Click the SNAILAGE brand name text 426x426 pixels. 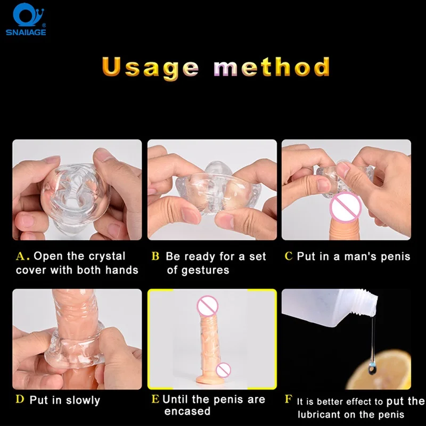[x=26, y=32]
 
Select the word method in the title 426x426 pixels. [x=272, y=67]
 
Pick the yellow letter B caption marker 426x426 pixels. [x=155, y=256]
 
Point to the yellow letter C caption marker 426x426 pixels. [x=289, y=256]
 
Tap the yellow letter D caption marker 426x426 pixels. [x=20, y=399]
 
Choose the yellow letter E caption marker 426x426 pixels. [x=155, y=399]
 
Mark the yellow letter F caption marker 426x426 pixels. [x=289, y=399]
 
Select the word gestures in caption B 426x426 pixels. [x=205, y=271]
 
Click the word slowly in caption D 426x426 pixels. [x=83, y=401]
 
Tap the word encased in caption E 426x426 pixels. [x=187, y=411]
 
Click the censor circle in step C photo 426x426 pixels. [x=346, y=208]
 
